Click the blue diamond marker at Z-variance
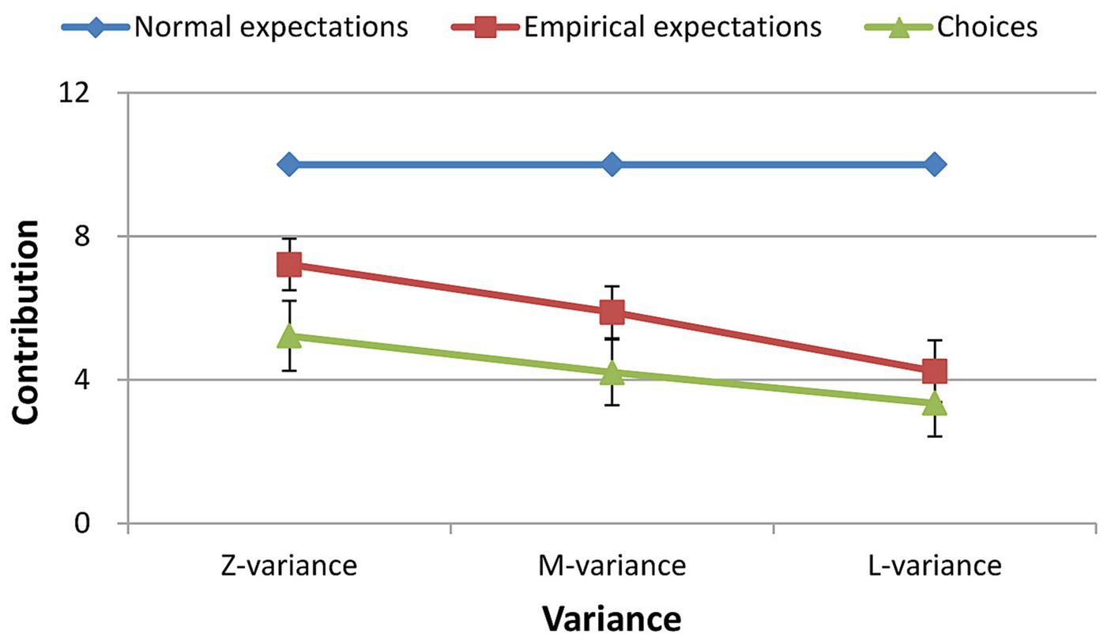pyautogui.click(x=288, y=164)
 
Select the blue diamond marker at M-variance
pyautogui.click(x=612, y=164)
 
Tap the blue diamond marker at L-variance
pyautogui.click(x=934, y=164)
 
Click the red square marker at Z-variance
pyautogui.click(x=288, y=265)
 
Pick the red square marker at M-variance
pyautogui.click(x=612, y=312)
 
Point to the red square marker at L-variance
pyautogui.click(x=934, y=370)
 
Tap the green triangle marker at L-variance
pyautogui.click(x=934, y=403)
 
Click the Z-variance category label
pyautogui.click(x=288, y=566)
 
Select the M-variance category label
pyautogui.click(x=612, y=566)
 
